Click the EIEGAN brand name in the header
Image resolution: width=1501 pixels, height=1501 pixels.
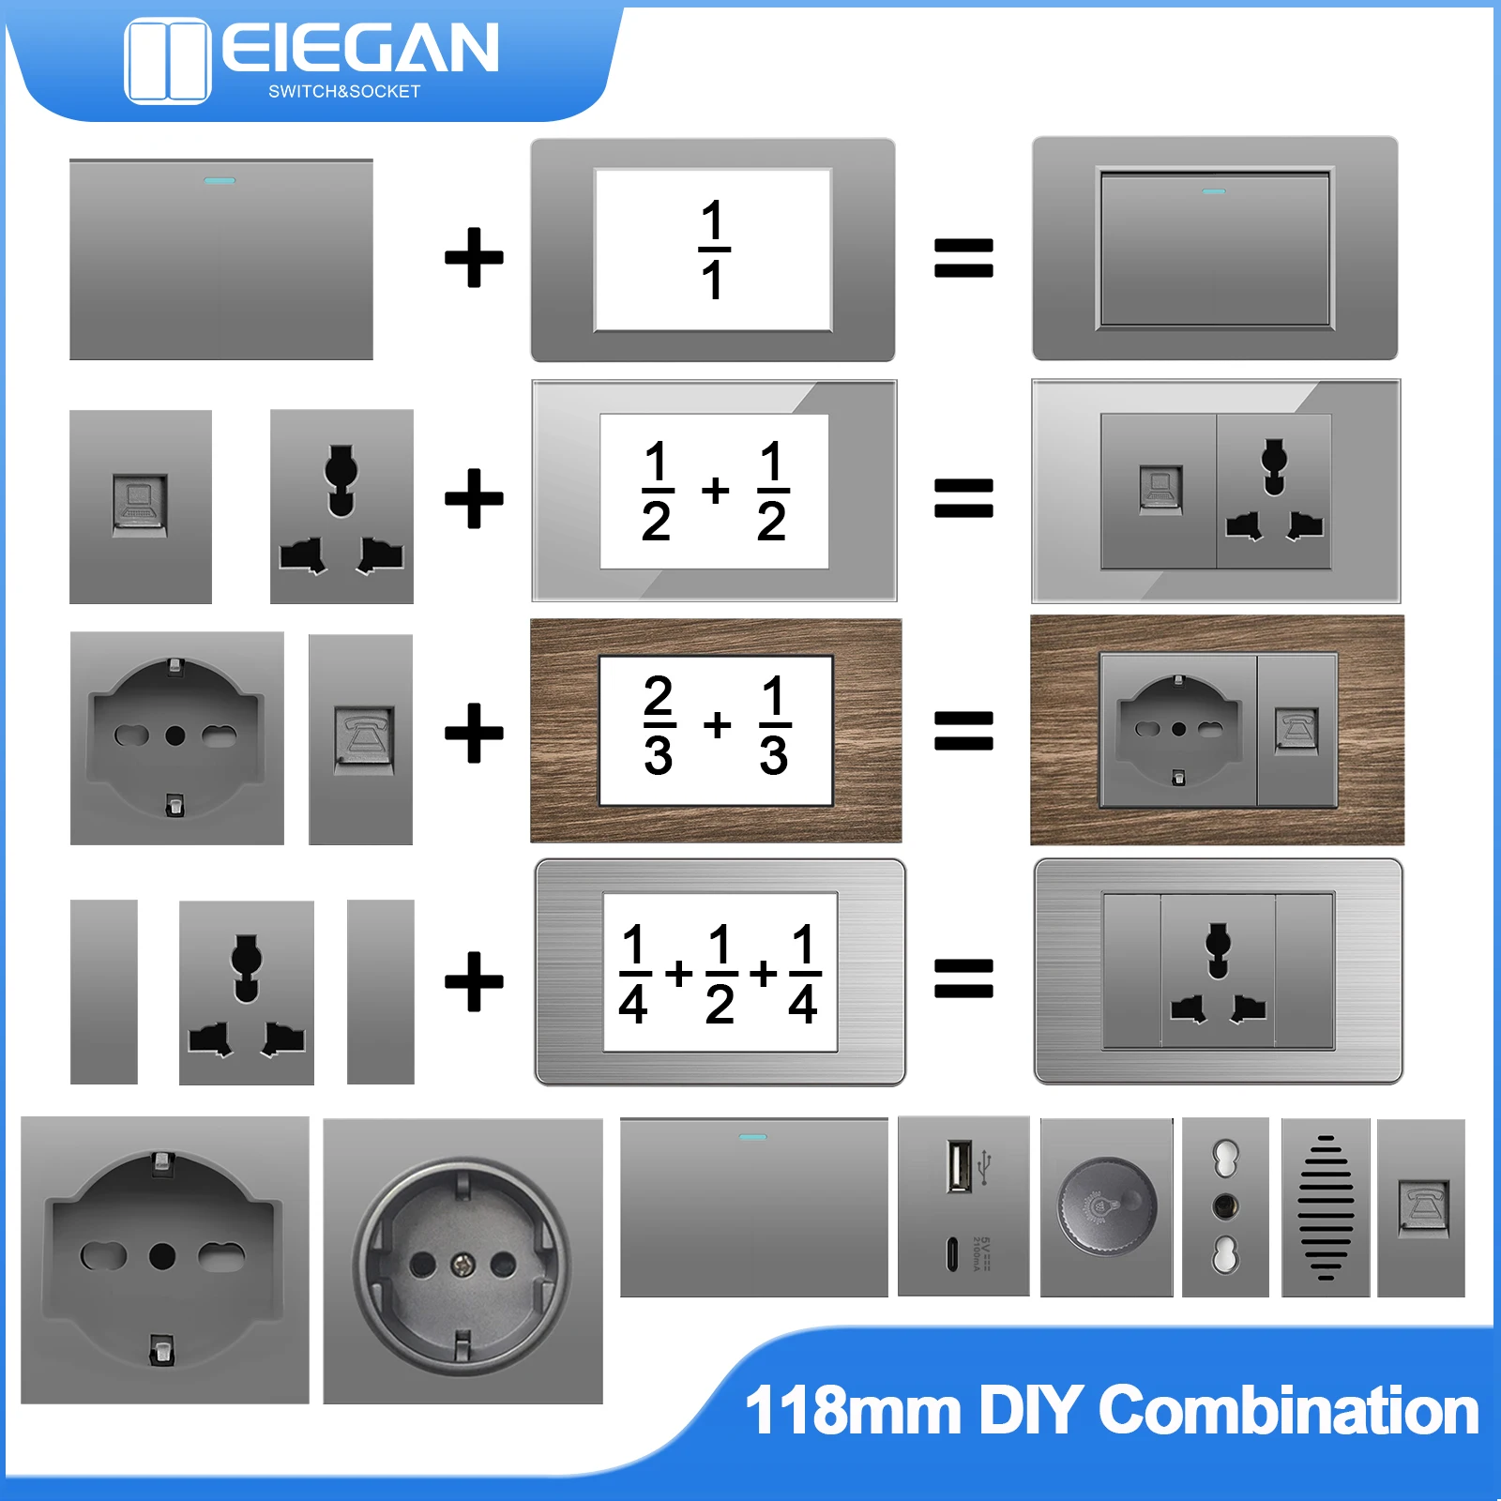pyautogui.click(x=360, y=48)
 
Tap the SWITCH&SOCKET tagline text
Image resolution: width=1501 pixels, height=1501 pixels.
pyautogui.click(x=344, y=92)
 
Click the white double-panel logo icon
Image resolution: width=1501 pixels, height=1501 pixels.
pyautogui.click(x=167, y=60)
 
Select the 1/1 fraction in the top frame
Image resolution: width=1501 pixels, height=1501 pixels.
pyautogui.click(x=713, y=250)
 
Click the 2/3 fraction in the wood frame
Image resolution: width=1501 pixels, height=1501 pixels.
pyautogui.click(x=659, y=725)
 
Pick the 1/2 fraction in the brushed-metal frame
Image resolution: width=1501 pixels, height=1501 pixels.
pyautogui.click(x=720, y=975)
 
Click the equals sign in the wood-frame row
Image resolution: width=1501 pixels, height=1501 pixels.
pyautogui.click(x=963, y=731)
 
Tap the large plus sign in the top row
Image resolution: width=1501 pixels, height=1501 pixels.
pyautogui.click(x=474, y=257)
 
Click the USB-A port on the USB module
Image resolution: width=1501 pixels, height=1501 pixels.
pyautogui.click(x=959, y=1166)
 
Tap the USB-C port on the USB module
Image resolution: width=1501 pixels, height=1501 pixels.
pyautogui.click(x=953, y=1254)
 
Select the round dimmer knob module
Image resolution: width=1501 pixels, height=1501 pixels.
pyautogui.click(x=1106, y=1206)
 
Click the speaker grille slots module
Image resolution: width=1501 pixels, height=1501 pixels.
pyautogui.click(x=1326, y=1207)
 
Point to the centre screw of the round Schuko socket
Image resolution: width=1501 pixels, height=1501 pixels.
pyautogui.click(x=463, y=1266)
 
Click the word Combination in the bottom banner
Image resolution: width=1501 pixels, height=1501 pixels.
pyautogui.click(x=1288, y=1410)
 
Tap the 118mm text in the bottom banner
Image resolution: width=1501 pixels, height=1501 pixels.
pyautogui.click(x=853, y=1410)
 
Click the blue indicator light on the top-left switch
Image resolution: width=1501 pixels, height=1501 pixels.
pyautogui.click(x=220, y=180)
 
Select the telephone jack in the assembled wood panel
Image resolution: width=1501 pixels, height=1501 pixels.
pyautogui.click(x=1296, y=729)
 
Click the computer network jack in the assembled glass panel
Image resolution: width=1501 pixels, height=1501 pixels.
pyautogui.click(x=1160, y=488)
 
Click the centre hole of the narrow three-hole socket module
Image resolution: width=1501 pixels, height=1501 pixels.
pyautogui.click(x=1225, y=1205)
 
